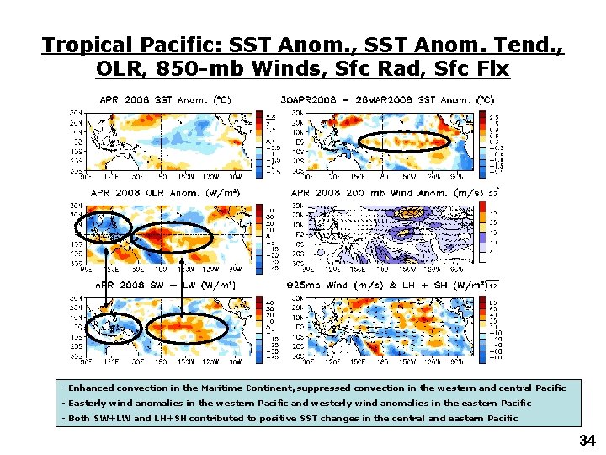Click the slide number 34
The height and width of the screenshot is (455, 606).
tap(587, 440)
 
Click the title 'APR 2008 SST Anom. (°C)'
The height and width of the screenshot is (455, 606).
tap(167, 99)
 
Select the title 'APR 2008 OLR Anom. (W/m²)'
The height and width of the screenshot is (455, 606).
tap(163, 193)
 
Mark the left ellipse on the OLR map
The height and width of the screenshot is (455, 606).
tap(103, 226)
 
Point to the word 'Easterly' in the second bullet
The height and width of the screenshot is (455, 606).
tap(87, 404)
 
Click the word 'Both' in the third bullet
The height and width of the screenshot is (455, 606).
tap(80, 419)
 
